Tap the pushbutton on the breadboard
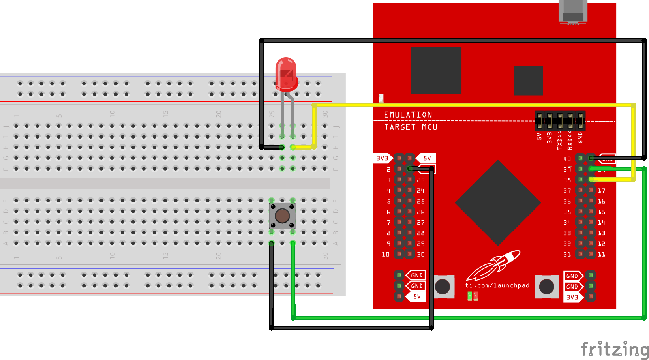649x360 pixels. click(282, 216)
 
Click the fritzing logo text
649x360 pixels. click(614, 349)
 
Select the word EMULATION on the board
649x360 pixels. click(408, 115)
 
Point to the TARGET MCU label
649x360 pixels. click(411, 127)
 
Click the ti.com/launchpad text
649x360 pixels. click(497, 285)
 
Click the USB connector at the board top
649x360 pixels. click(573, 12)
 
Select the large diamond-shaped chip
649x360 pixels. click(498, 202)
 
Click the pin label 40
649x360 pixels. click(567, 159)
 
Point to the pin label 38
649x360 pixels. click(567, 180)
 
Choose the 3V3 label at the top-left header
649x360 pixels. click(382, 158)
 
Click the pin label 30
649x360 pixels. click(421, 254)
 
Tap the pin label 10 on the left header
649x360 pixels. click(386, 254)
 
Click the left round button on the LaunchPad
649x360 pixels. click(443, 287)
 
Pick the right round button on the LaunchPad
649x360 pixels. click(546, 287)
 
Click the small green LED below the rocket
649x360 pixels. click(470, 296)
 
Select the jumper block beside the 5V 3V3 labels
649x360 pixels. click(560, 121)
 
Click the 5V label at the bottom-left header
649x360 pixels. click(417, 296)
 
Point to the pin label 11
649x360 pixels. click(601, 254)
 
